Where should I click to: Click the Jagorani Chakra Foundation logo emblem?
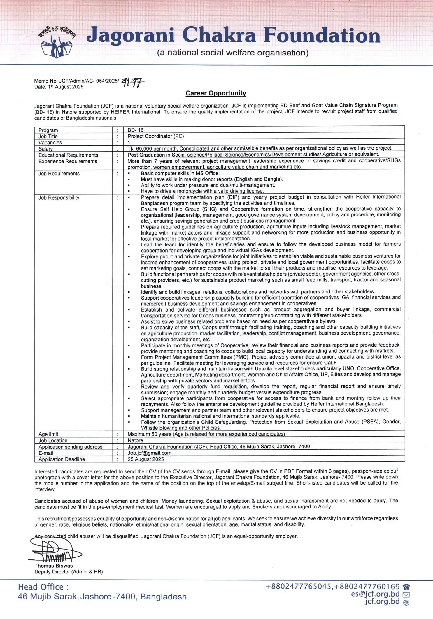[x=57, y=43]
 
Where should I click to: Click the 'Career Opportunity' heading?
[x=216, y=93]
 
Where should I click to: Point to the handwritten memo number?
[x=133, y=83]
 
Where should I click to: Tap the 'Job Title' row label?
[x=48, y=136]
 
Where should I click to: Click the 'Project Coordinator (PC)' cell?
[x=156, y=136]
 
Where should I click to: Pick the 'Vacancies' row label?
[x=50, y=143]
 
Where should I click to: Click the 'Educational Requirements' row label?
[x=68, y=155]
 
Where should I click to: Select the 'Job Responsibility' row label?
[x=59, y=197]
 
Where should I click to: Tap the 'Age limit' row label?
[x=48, y=434]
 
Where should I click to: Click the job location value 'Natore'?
[x=135, y=440]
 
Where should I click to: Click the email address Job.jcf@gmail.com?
[x=149, y=453]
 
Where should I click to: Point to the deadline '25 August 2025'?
[x=145, y=459]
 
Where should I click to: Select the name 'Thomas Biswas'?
[x=54, y=566]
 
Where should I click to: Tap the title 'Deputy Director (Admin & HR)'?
[x=69, y=572]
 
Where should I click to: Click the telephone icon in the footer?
[x=406, y=587]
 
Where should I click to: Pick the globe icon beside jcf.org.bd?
[x=406, y=602]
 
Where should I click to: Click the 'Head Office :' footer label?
[x=43, y=587]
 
